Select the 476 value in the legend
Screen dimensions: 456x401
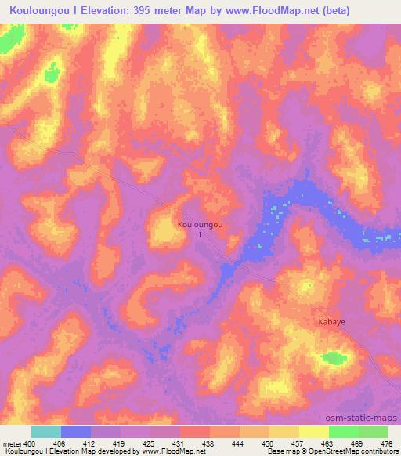[385, 443]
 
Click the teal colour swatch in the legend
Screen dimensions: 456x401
[46, 432]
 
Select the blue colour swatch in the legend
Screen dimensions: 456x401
[76, 432]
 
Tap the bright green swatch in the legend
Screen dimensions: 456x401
[344, 432]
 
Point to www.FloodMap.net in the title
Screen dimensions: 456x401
[272, 10]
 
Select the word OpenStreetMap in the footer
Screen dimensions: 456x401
[341, 451]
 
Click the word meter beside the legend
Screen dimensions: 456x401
[13, 443]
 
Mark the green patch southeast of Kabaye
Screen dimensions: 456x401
[334, 358]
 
